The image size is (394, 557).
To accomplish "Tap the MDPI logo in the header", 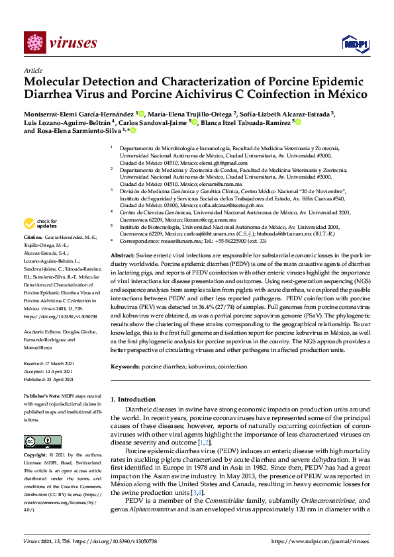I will [x=351, y=43].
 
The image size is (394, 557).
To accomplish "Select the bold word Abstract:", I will [x=123, y=237].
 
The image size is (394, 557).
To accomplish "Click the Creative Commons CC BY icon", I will [x=43, y=441].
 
